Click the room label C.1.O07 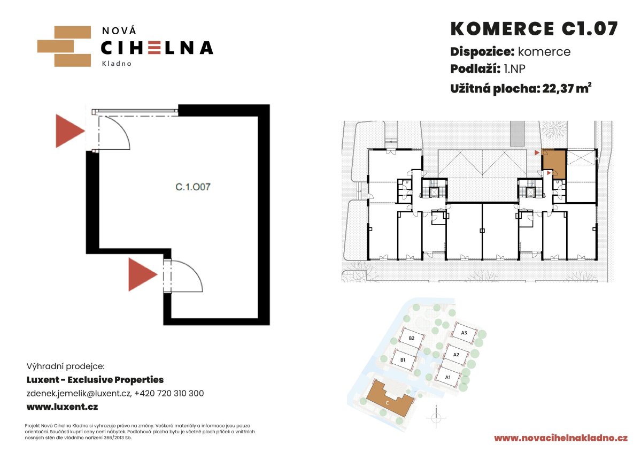(x=193, y=187)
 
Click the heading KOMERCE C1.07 (x=534, y=29)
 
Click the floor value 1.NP (x=514, y=68)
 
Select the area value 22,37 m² (x=567, y=88)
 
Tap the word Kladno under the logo (x=117, y=64)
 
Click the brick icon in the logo (x=64, y=46)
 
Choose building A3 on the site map (x=465, y=333)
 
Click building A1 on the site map (x=448, y=377)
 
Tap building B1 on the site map (x=404, y=360)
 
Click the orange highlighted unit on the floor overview (x=554, y=164)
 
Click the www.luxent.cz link (x=62, y=407)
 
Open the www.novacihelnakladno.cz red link (x=561, y=438)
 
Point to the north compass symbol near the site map (x=436, y=418)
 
